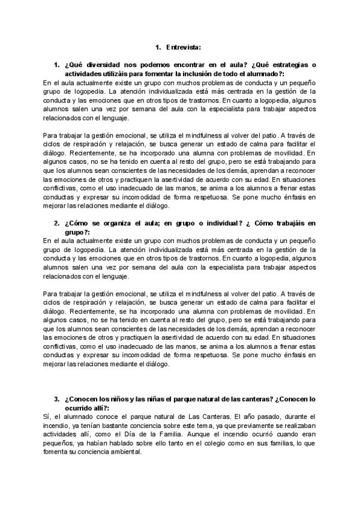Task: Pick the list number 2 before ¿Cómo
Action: tap(56, 223)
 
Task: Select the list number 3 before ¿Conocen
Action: tap(56, 399)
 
